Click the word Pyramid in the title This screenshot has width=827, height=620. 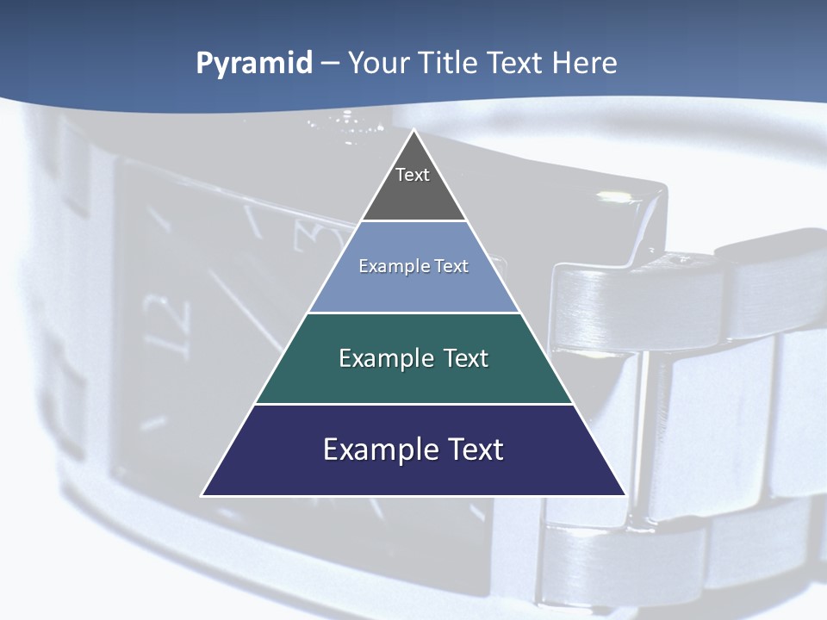[x=254, y=64]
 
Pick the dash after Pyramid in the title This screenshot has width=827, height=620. [x=329, y=65]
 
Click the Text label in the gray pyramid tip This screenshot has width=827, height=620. [x=413, y=175]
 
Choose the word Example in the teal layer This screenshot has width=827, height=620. [x=386, y=358]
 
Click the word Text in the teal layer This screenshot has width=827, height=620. [x=466, y=358]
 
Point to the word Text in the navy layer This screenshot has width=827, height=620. [x=475, y=449]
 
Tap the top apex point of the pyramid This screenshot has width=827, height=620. [x=413, y=130]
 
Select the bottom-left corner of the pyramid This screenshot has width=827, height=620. [x=202, y=495]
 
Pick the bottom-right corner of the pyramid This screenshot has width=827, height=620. [x=625, y=495]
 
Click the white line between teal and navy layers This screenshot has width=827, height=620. [x=413, y=404]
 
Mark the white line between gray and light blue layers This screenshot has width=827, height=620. [x=413, y=220]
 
